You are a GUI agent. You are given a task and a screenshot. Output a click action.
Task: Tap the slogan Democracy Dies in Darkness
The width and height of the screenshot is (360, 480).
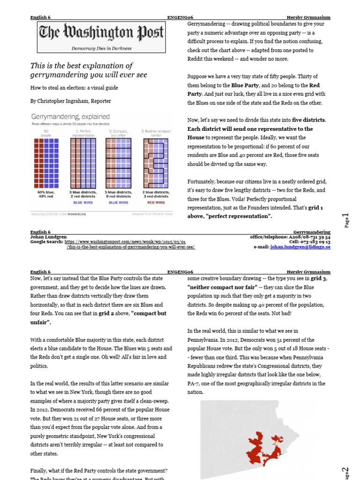point(101,48)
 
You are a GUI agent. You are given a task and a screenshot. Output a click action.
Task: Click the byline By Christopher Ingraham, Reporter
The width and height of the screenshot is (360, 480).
point(71,101)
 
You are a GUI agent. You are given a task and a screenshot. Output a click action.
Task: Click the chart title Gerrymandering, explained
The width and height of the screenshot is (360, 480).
point(70,116)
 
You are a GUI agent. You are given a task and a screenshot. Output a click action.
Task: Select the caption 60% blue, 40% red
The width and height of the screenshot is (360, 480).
point(45,195)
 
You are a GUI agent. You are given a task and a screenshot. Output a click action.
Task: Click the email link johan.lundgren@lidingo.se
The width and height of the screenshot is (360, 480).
point(300,247)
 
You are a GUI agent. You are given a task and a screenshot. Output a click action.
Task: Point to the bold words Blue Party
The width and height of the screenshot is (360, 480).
point(247,85)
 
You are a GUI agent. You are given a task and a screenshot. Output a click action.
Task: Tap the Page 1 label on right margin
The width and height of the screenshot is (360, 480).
point(346,220)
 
